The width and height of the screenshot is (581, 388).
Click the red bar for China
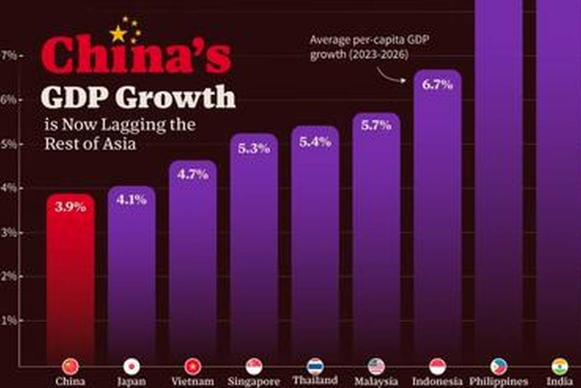tap(70, 281)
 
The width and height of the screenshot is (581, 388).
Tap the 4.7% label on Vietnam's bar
tap(193, 174)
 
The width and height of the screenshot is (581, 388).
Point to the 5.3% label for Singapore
tap(254, 148)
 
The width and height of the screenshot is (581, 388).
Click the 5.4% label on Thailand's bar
tap(315, 143)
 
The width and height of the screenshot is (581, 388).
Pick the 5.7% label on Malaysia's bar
tap(376, 125)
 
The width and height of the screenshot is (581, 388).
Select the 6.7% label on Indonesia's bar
tap(437, 85)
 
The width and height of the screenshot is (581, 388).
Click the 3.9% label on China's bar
tap(70, 207)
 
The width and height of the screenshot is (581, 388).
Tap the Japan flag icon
tap(131, 367)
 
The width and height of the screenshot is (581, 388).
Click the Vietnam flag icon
tap(193, 367)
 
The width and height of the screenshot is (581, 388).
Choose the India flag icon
tap(560, 367)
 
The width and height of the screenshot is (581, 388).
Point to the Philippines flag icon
tap(498, 367)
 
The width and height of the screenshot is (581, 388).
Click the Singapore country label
tap(254, 381)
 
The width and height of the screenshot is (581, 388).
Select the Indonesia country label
tap(437, 381)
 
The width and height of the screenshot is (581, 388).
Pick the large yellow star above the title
tap(118, 34)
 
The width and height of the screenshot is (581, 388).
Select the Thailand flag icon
tap(315, 366)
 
